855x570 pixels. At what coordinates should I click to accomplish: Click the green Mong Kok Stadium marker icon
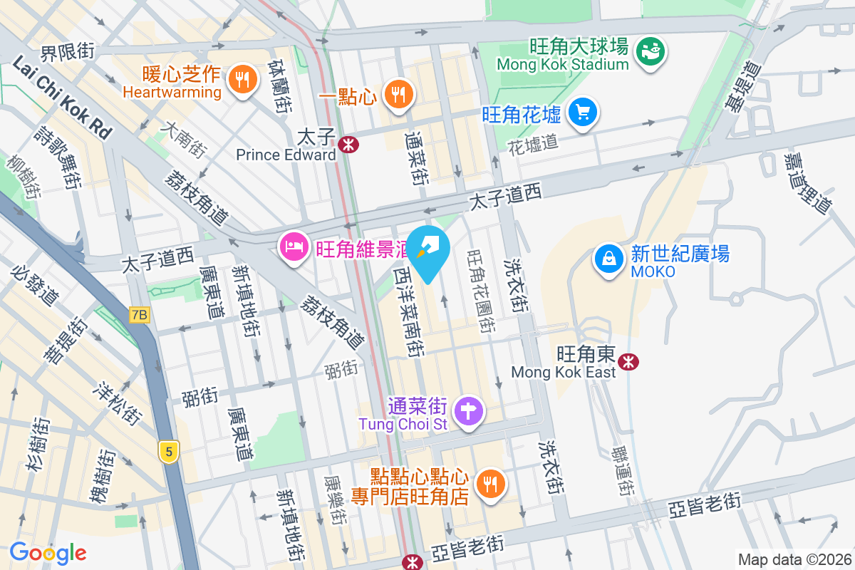coord(650,51)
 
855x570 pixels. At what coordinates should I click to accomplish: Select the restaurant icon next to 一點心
coord(398,93)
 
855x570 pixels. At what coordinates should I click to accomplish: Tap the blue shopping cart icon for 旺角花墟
coord(583,112)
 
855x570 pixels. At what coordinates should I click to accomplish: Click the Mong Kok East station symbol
coord(628,361)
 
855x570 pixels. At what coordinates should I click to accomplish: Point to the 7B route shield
coord(140,314)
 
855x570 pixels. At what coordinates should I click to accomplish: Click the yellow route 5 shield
coord(168,451)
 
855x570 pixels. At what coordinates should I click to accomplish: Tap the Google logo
coord(48,553)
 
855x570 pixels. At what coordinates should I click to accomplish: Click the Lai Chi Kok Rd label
coord(63,98)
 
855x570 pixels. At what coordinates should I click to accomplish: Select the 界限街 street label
coord(68,52)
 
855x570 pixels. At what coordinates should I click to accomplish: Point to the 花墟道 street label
coord(532,145)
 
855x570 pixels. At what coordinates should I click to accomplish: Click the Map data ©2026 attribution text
coord(794,559)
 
